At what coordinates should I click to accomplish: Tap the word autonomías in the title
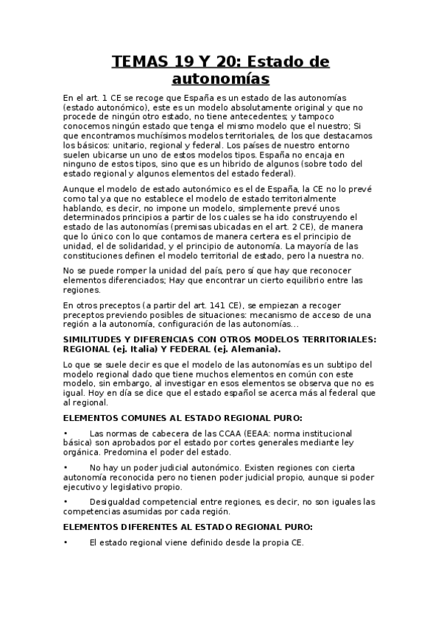coord(220,78)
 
